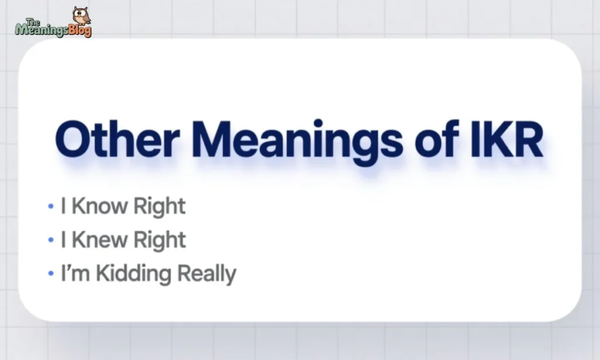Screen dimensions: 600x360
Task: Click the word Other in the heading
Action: [117, 139]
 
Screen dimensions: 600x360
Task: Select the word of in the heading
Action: [437, 138]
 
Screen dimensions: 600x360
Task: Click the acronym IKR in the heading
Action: [507, 139]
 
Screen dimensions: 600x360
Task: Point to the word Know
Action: [100, 206]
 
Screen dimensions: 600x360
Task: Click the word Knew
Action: [100, 240]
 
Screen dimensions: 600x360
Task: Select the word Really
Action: [207, 273]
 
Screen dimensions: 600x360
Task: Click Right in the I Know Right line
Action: [159, 207]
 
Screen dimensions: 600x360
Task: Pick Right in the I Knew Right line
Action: [159, 240]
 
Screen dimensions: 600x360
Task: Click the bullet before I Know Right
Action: [51, 206]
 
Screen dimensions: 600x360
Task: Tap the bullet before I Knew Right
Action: [51, 240]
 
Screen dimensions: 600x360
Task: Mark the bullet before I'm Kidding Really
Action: [51, 274]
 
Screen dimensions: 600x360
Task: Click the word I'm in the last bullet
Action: [76, 273]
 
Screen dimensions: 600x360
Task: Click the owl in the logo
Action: [81, 15]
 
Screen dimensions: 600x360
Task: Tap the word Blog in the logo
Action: [80, 30]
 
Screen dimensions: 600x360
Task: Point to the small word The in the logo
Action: [33, 22]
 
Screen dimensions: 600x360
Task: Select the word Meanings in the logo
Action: [42, 29]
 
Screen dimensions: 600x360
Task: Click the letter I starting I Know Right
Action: [63, 206]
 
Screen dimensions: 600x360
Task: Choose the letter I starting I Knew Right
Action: [63, 240]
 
